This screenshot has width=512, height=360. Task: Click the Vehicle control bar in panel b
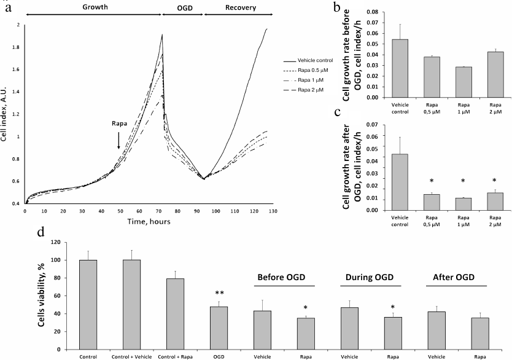400,68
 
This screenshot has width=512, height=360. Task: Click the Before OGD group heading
285,276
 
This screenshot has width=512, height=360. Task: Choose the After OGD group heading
457,276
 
